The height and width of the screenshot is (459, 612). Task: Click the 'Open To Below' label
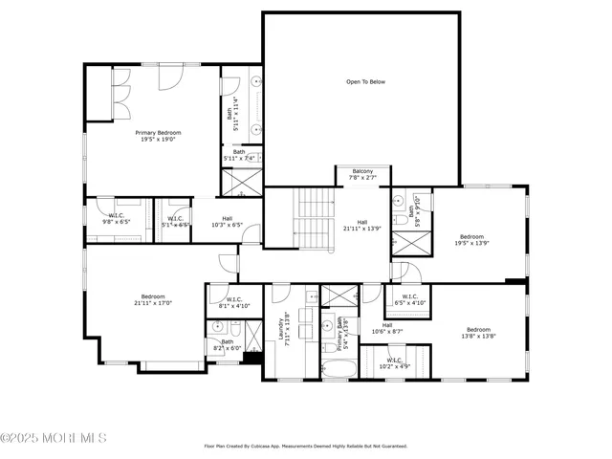tap(365, 82)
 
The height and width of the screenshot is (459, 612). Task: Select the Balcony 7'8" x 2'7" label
tap(362, 174)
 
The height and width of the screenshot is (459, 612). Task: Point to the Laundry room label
tap(283, 329)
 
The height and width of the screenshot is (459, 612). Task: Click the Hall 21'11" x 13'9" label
tap(362, 226)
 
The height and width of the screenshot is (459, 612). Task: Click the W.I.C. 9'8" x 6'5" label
tap(117, 219)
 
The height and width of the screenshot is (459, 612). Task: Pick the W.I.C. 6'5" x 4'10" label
tap(409, 299)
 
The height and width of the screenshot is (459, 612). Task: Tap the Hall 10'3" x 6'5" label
tap(227, 222)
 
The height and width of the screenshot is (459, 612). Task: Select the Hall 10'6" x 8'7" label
tap(387, 328)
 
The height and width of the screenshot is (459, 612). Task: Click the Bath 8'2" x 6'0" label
tap(227, 344)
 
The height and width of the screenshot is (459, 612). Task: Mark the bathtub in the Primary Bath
tap(339, 368)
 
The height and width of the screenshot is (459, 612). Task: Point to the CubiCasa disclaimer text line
tap(306, 446)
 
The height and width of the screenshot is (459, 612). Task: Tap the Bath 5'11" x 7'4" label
tap(239, 155)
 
